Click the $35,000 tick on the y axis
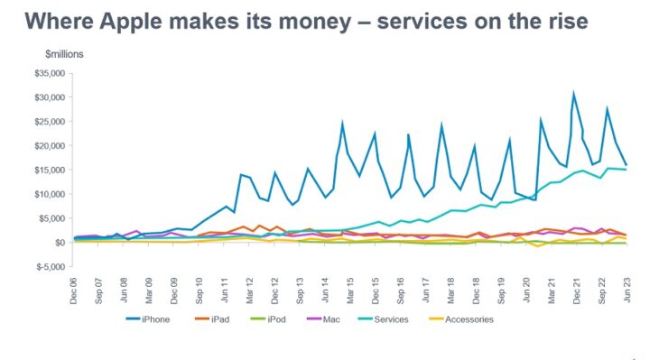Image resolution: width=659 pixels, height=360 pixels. click(x=49, y=73)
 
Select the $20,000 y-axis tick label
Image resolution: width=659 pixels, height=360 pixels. click(x=49, y=145)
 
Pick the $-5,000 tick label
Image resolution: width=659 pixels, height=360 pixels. click(x=49, y=266)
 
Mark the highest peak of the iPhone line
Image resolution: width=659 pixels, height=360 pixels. click(x=573, y=92)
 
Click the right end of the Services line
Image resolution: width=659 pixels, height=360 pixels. click(x=627, y=170)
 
